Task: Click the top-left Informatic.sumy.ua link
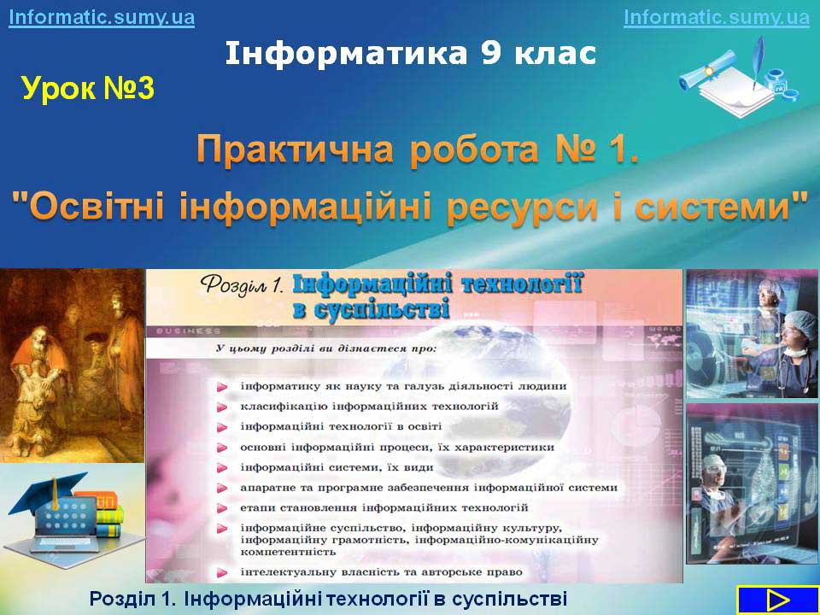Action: click(x=102, y=17)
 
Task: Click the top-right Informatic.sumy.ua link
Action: click(x=717, y=17)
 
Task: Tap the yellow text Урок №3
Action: click(x=88, y=88)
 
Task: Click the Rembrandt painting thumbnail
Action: click(x=72, y=366)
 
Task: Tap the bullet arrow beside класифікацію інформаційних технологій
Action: click(x=222, y=407)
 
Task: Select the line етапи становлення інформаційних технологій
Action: click(x=384, y=507)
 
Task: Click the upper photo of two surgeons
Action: click(x=752, y=334)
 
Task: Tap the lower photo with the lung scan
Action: click(x=752, y=483)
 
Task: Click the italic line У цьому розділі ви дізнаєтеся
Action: click(x=325, y=348)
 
